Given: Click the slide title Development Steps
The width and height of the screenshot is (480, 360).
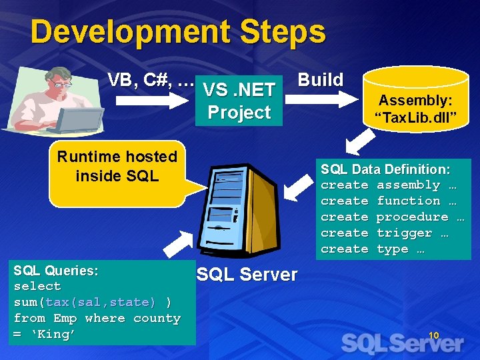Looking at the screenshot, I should (x=178, y=32).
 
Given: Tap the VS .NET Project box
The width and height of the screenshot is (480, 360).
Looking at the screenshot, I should (x=239, y=101).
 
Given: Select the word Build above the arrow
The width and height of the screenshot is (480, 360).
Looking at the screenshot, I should (x=320, y=80).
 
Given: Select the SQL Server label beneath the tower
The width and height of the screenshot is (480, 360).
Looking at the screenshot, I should (x=247, y=275).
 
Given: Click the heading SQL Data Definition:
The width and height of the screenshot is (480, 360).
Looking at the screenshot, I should (x=385, y=170).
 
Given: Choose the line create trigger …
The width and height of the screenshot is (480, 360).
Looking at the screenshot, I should (x=384, y=233).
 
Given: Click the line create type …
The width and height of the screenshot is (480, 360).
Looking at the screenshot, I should (x=372, y=249).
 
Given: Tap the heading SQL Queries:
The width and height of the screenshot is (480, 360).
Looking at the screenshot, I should (x=56, y=271).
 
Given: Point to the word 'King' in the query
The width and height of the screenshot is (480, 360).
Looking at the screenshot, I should (x=53, y=335).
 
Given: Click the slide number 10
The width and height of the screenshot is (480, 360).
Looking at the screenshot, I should (x=433, y=335).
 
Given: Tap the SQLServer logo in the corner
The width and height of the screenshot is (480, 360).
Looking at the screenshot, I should (x=403, y=344).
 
